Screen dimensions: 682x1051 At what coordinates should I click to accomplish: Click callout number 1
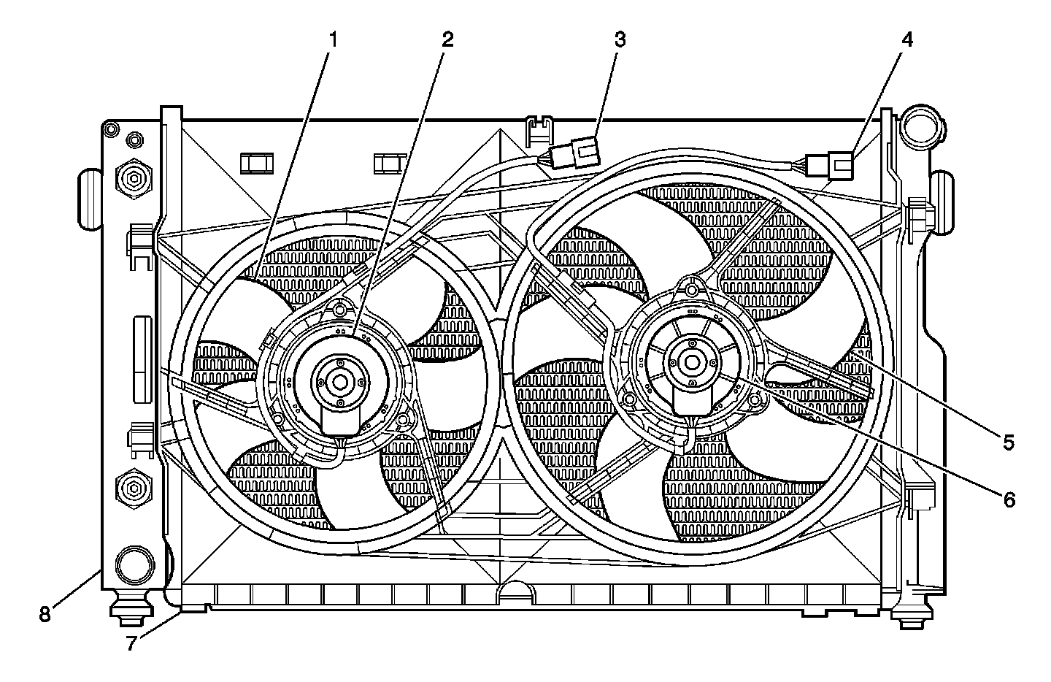(332, 39)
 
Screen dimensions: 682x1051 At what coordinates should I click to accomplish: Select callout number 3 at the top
(619, 39)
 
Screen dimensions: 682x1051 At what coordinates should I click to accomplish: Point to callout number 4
(906, 39)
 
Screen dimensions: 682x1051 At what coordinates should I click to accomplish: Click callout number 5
(1008, 442)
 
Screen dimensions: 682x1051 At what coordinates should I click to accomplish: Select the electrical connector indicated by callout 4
(832, 164)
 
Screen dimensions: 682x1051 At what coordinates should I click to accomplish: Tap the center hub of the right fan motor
(690, 361)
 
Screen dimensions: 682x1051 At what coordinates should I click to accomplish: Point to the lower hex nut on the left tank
(133, 486)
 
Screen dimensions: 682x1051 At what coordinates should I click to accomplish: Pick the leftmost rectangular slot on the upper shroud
(256, 163)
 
